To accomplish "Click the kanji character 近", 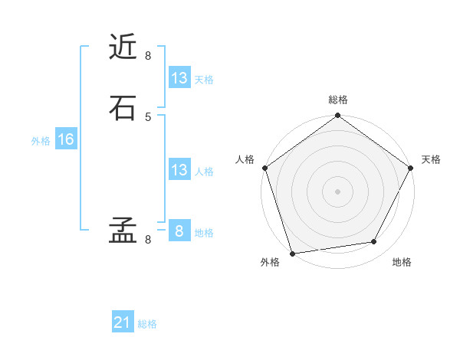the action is coord(123,48).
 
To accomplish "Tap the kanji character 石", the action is coord(123,108).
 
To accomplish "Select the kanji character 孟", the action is coord(123,231).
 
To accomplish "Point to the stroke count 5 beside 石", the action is coord(148,116).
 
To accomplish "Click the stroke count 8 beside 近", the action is coord(148,56).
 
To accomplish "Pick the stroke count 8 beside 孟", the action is coord(148,240).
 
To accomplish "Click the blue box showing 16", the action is coord(65,139).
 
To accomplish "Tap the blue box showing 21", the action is coord(123,322).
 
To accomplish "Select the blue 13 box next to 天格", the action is coord(179,78).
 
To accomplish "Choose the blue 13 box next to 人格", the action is coord(179,170).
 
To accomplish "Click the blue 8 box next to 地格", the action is coord(179,231).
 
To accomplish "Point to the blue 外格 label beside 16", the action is coord(41,141).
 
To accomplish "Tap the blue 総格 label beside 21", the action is coord(147,324).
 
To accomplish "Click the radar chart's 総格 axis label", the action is coord(338,100).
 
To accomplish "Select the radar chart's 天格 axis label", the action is coord(431,159).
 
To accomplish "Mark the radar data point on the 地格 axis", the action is coord(374,242).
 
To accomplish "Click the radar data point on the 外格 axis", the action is coord(292,253).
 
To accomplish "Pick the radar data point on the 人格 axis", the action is coord(265,168).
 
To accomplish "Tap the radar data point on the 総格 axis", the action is coord(337,116).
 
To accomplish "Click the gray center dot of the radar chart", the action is coord(337,191).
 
